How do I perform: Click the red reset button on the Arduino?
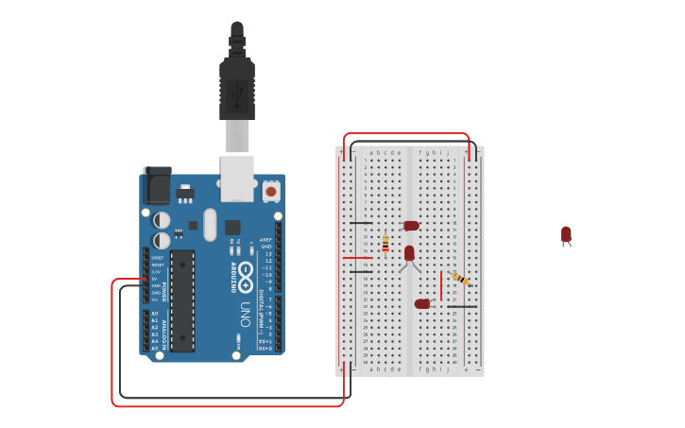(271, 191)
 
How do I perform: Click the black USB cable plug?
(237, 85)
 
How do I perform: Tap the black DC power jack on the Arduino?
(156, 186)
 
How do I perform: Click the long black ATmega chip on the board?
(182, 300)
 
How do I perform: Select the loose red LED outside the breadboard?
(566, 234)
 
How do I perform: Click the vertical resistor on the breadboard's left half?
(385, 244)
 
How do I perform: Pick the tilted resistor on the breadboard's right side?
(460, 278)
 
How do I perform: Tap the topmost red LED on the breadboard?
(411, 226)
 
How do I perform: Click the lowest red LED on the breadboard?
(421, 304)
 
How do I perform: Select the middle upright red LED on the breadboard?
(409, 253)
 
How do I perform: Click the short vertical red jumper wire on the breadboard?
(440, 285)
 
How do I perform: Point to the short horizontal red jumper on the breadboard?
(357, 257)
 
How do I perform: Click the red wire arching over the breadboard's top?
(406, 134)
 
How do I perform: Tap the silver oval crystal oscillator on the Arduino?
(210, 225)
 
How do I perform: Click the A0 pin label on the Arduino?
(155, 313)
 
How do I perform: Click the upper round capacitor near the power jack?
(162, 220)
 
